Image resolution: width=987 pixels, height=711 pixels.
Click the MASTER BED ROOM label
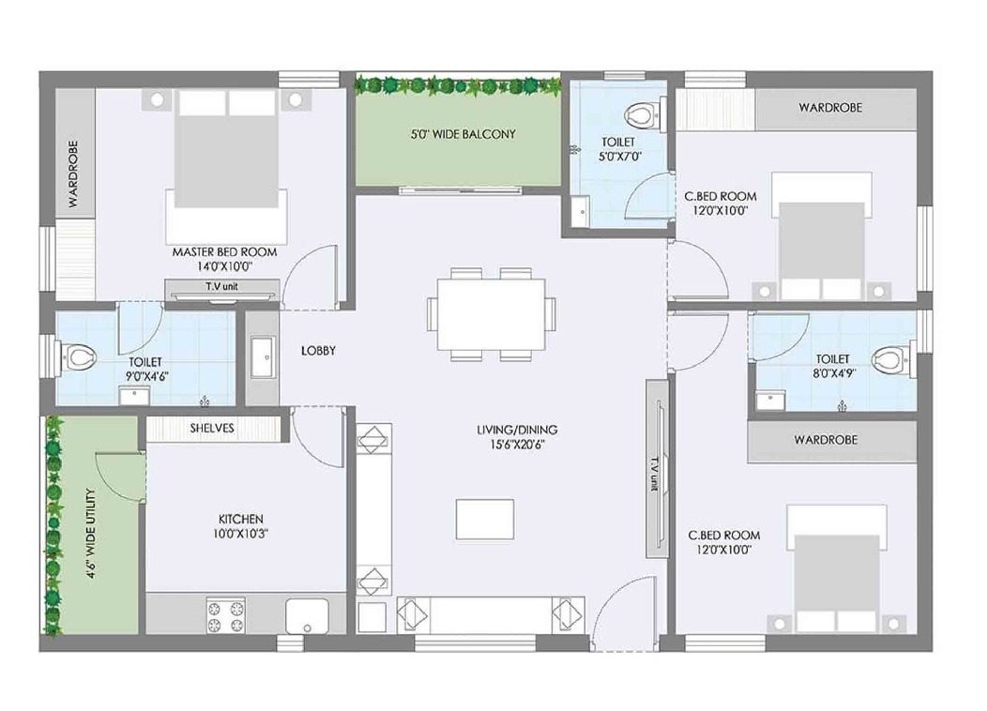pyautogui.click(x=225, y=252)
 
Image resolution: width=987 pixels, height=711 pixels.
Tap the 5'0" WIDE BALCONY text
pyautogui.click(x=463, y=134)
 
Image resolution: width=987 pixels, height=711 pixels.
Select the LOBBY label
pyautogui.click(x=318, y=351)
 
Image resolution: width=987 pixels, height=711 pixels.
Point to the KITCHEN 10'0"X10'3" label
pyautogui.click(x=241, y=526)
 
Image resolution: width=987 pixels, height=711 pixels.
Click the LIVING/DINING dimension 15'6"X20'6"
pyautogui.click(x=517, y=445)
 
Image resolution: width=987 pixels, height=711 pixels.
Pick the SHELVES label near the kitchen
pyautogui.click(x=212, y=428)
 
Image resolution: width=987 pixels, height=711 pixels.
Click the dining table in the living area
pyautogui.click(x=492, y=314)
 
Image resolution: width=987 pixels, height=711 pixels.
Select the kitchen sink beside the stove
pyautogui.click(x=307, y=616)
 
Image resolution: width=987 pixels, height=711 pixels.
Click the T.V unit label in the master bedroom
pyautogui.click(x=221, y=286)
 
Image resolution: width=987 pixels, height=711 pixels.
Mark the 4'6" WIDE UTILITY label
pyautogui.click(x=91, y=534)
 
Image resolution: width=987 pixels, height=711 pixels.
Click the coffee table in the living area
pyautogui.click(x=485, y=519)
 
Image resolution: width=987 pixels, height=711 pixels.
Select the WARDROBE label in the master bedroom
pyautogui.click(x=73, y=174)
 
